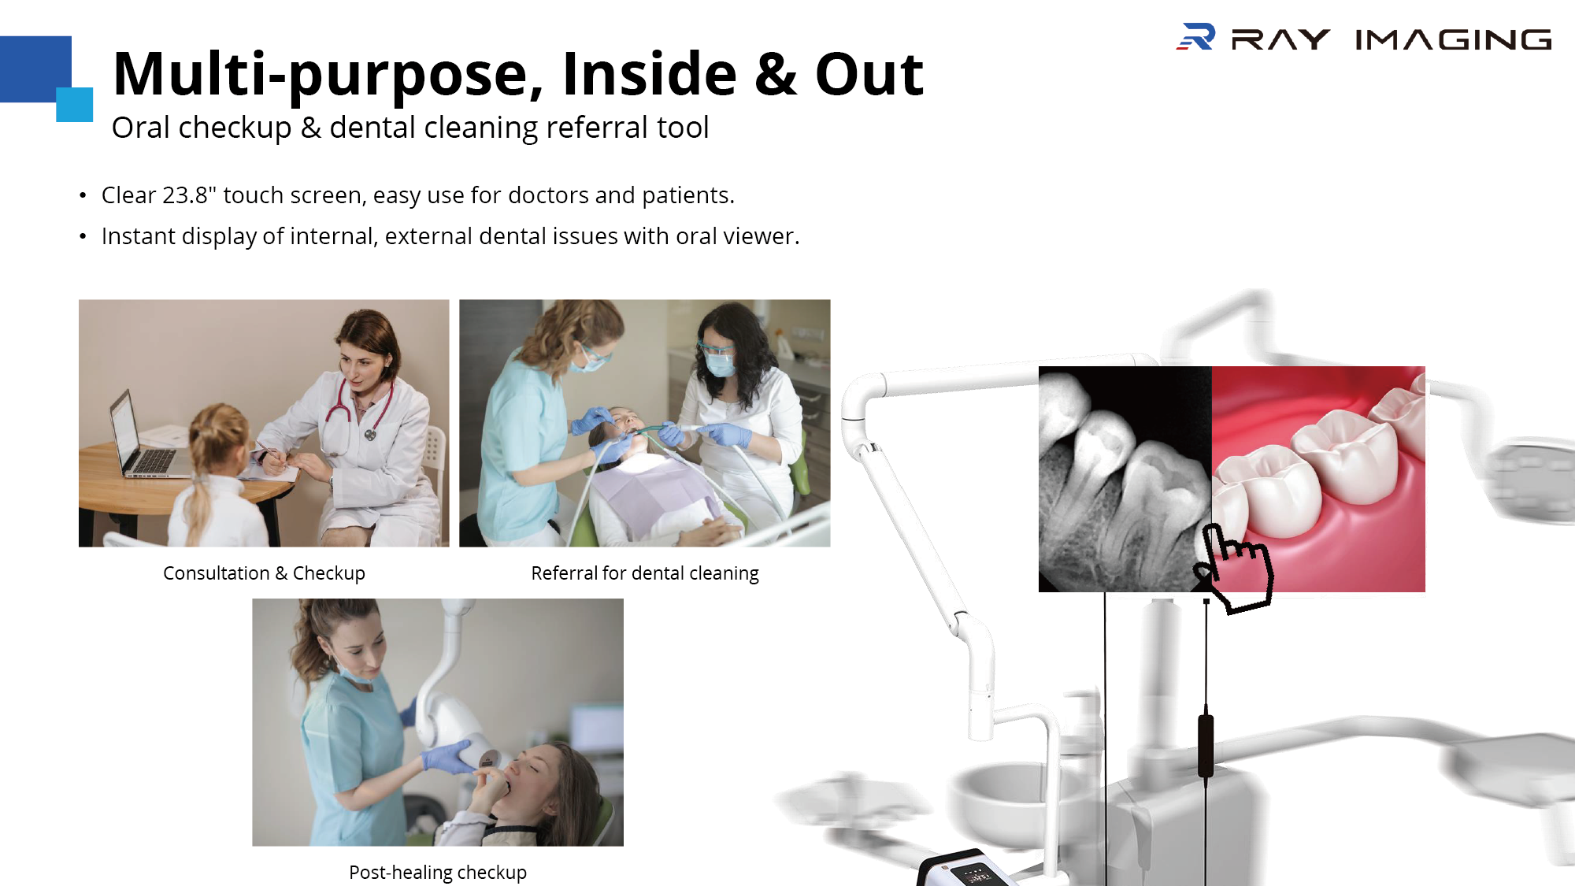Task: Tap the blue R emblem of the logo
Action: (x=1196, y=37)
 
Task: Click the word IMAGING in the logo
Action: (x=1453, y=39)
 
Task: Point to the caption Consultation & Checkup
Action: (x=264, y=573)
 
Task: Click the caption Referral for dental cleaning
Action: (x=645, y=573)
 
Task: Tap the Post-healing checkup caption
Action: (x=438, y=873)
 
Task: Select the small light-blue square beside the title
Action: (x=75, y=105)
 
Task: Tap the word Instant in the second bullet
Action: (x=139, y=236)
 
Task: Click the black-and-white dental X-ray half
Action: (x=1125, y=479)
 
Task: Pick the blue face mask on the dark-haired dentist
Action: (x=720, y=364)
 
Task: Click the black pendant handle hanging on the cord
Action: (x=1206, y=744)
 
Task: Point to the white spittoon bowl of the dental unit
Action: (x=1000, y=795)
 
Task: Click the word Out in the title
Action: (x=869, y=75)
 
